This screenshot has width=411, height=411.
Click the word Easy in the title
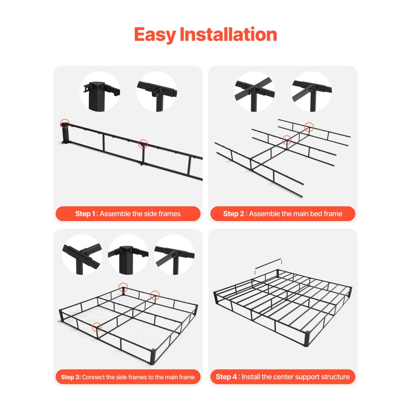(155, 35)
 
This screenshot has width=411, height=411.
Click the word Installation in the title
(228, 35)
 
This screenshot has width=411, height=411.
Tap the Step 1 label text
(86, 214)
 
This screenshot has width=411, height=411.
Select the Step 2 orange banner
(283, 214)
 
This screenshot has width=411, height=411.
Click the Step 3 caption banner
(128, 377)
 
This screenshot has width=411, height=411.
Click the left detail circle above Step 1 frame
(99, 91)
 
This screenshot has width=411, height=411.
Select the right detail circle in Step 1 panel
(157, 91)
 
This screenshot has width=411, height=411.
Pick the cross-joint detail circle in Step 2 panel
(254, 91)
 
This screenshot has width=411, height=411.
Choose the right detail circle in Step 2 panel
(312, 91)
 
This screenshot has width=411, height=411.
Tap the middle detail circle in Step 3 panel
(128, 254)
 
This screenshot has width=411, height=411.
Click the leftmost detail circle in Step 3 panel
(82, 254)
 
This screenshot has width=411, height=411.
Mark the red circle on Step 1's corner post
(65, 123)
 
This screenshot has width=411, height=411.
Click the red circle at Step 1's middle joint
(143, 144)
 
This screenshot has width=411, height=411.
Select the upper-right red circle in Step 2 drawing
(309, 127)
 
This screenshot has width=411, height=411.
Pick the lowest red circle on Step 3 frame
(97, 327)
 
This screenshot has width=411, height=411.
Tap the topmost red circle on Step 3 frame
(123, 287)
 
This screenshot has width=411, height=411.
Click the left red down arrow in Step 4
(255, 271)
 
